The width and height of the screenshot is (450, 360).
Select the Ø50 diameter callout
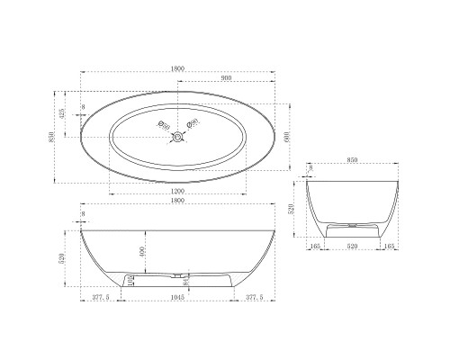coord(163,123)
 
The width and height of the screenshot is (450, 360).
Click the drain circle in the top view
coord(179,137)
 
